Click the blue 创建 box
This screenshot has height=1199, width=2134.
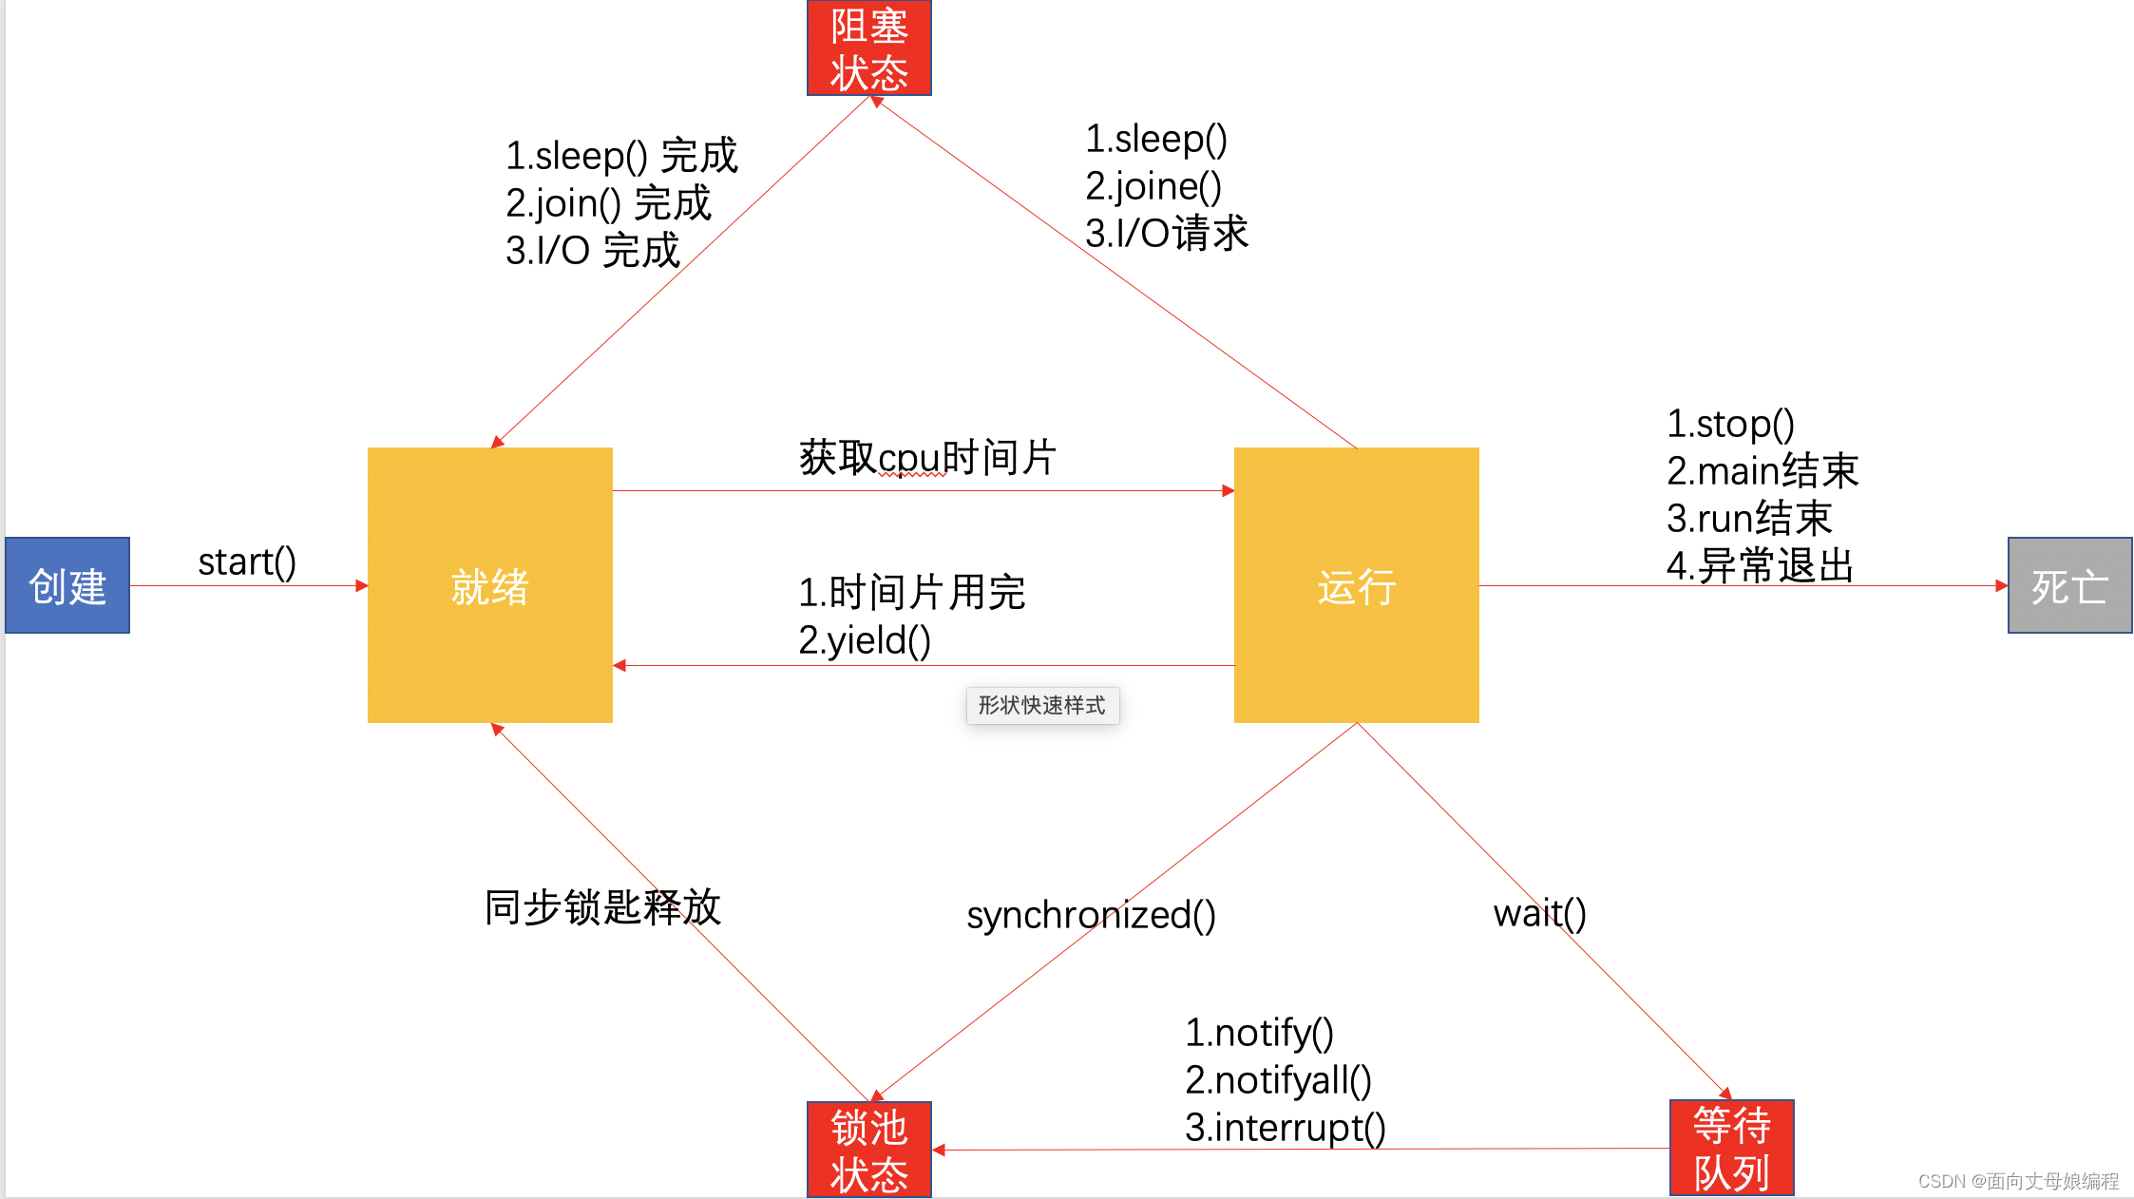[67, 585]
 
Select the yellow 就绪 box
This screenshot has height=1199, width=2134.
[489, 585]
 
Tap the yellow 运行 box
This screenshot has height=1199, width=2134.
[1356, 585]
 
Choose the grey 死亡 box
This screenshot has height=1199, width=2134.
[2069, 585]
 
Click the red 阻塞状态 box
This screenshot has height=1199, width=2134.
[868, 48]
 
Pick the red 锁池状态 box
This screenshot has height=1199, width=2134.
[868, 1150]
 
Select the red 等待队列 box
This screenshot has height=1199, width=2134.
[1731, 1148]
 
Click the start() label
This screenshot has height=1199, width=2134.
[247, 561]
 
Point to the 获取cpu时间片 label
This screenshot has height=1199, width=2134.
[927, 457]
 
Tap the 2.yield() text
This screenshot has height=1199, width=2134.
[865, 640]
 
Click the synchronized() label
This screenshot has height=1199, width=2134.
[1091, 915]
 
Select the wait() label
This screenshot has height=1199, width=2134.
[1539, 913]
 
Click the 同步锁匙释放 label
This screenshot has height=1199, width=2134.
[602, 907]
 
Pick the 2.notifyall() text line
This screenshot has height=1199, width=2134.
[1278, 1080]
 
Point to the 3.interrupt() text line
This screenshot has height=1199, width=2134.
[1285, 1128]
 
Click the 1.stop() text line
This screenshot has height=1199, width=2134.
[1730, 424]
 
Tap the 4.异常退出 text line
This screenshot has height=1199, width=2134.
[1760, 566]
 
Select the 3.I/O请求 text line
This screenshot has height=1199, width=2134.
[1167, 234]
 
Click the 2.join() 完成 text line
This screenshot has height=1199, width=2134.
[608, 203]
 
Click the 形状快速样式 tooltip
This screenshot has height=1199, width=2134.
[1042, 705]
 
